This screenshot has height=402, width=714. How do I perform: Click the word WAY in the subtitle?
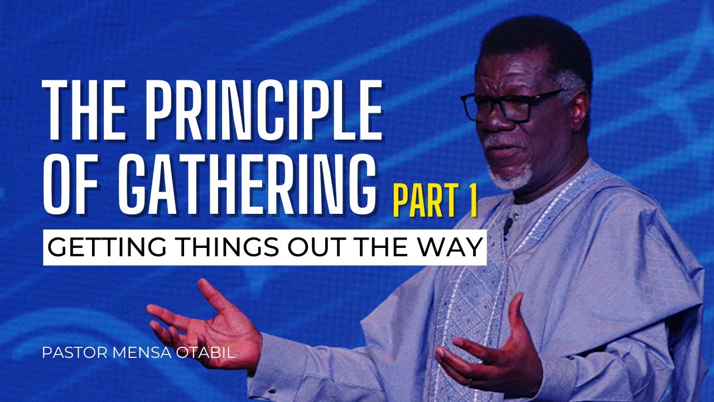click(x=449, y=247)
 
